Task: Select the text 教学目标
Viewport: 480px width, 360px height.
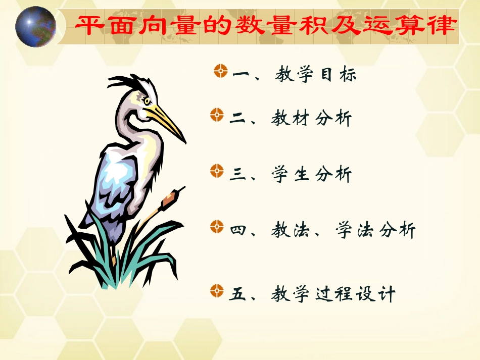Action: [316, 75]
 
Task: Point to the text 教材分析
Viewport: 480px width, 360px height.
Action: [311, 119]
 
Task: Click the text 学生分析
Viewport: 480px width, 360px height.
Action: [311, 175]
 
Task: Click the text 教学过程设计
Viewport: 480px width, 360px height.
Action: [333, 294]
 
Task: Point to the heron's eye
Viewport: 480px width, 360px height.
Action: [147, 101]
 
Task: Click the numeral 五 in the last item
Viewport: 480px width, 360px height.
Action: [238, 294]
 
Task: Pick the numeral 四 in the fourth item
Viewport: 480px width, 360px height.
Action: [238, 231]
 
